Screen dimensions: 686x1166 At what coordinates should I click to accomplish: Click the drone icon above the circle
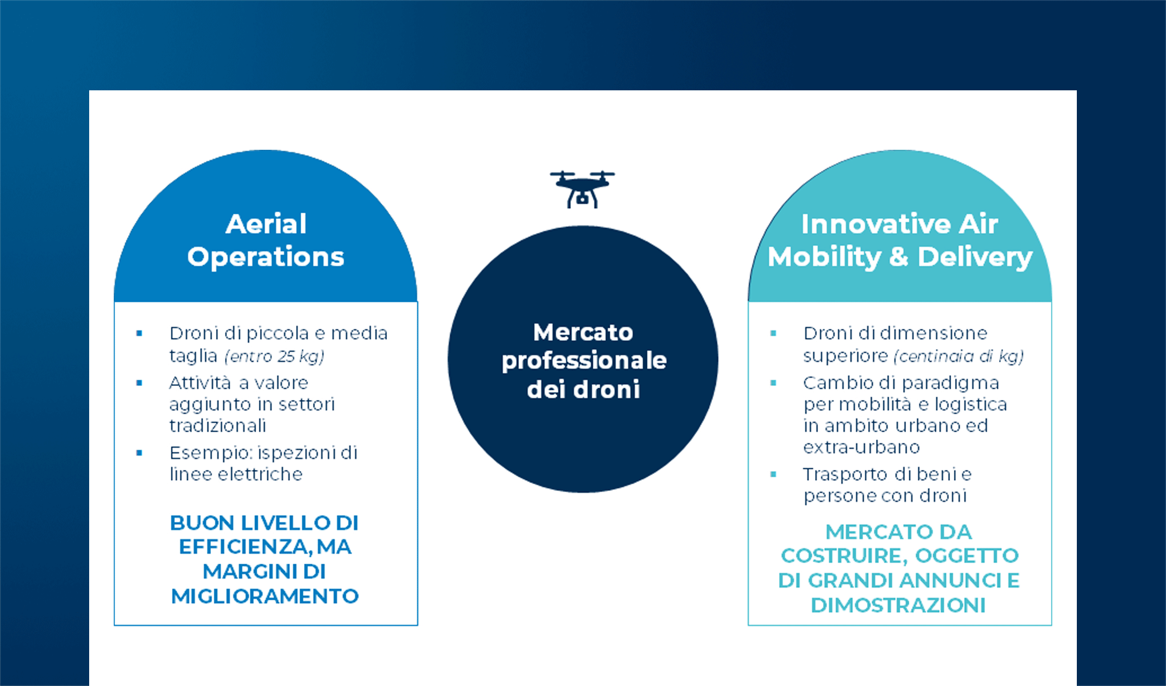click(582, 189)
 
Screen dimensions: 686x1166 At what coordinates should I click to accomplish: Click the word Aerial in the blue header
click(266, 224)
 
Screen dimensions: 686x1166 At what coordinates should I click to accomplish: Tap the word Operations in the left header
click(266, 257)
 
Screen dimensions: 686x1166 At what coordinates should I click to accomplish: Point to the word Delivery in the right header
click(975, 257)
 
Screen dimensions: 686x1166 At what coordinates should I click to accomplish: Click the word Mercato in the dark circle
click(583, 332)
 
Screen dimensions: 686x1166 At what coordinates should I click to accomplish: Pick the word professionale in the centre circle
click(584, 361)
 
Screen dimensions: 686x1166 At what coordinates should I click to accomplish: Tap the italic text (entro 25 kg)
click(274, 357)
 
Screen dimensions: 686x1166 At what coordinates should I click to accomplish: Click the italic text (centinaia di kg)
click(959, 357)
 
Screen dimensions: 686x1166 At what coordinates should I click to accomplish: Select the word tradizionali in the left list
click(218, 426)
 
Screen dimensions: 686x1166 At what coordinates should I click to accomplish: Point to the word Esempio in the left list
click(211, 453)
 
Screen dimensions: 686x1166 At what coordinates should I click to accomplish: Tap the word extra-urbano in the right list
click(861, 447)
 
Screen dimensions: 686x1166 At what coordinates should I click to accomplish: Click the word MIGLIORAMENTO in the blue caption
click(265, 597)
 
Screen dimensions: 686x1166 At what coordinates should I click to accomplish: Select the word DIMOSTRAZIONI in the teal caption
click(899, 605)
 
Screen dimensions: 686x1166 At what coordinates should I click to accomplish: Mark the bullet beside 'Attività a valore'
click(139, 383)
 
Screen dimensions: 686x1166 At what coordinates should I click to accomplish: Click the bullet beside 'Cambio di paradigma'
click(773, 383)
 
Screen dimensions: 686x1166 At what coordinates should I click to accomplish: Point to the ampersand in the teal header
click(899, 257)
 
